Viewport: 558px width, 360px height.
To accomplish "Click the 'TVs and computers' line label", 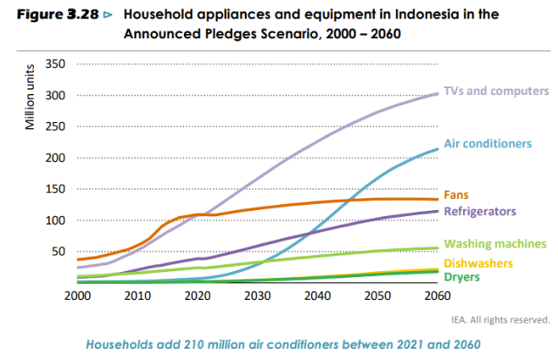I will (495, 91).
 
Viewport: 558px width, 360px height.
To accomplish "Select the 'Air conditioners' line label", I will (489, 143).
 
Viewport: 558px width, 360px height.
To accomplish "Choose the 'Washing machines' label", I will (495, 244).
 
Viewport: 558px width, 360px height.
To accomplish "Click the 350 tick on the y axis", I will (55, 65).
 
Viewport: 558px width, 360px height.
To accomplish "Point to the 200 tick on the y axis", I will (55, 158).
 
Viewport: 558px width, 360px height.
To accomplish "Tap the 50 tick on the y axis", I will (58, 252).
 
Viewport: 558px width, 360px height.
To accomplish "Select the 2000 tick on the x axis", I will (78, 296).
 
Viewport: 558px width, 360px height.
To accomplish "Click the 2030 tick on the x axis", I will (257, 296).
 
